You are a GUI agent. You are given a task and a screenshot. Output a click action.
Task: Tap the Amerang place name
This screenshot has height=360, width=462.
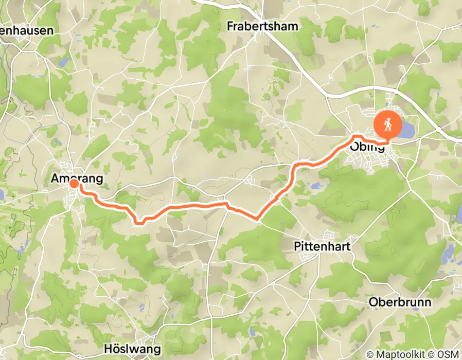(x=77, y=178)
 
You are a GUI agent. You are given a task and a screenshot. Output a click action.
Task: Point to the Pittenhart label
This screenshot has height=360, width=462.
(x=322, y=246)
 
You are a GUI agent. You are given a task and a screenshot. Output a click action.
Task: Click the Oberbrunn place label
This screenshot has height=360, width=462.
(x=400, y=302)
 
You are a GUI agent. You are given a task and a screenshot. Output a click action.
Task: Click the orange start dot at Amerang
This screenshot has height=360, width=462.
(x=74, y=184)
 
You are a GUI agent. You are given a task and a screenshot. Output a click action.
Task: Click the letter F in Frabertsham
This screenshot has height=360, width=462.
(x=230, y=26)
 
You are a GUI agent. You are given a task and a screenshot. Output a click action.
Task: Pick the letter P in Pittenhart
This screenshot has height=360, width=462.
(x=296, y=246)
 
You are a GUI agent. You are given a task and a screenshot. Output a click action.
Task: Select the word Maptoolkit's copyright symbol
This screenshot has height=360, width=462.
(x=370, y=354)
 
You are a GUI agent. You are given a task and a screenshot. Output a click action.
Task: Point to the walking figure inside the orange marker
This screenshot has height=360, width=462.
(x=388, y=123)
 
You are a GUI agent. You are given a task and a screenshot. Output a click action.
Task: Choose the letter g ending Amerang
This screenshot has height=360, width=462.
(x=99, y=179)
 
